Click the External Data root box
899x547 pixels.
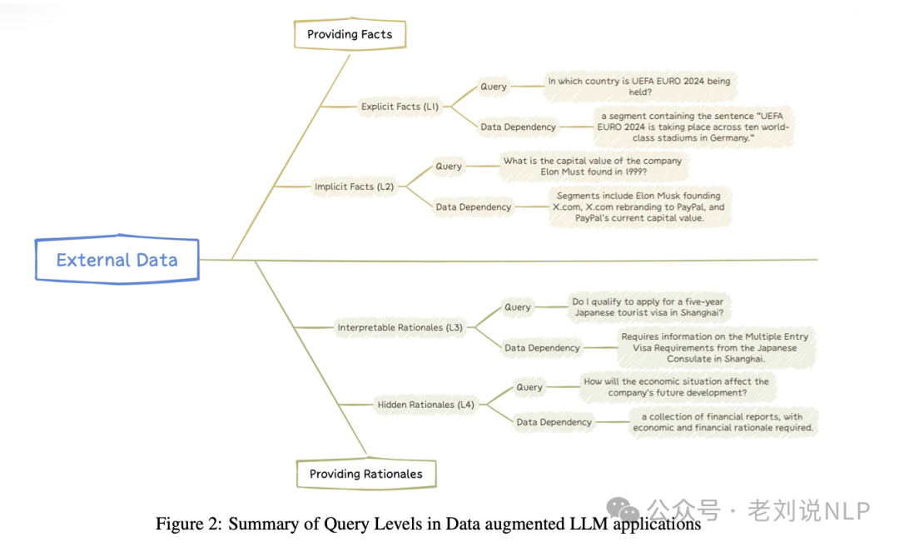click(117, 260)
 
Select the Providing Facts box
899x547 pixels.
click(350, 34)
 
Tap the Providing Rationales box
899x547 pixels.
click(366, 474)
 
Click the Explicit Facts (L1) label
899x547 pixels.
click(400, 107)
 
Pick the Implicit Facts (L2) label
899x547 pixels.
click(355, 186)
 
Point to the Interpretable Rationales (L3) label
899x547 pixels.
click(400, 327)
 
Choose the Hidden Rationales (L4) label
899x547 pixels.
click(426, 405)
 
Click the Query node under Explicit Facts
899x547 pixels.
click(494, 87)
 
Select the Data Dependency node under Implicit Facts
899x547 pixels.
click(474, 206)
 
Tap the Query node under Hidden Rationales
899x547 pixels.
click(529, 387)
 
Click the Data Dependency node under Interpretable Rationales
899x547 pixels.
click(543, 348)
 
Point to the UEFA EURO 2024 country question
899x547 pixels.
click(639, 87)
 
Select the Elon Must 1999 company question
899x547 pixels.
click(593, 167)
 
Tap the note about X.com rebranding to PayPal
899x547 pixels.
click(639, 206)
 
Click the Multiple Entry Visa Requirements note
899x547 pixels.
click(715, 348)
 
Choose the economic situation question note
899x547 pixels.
click(676, 387)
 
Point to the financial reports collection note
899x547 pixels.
click(723, 422)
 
